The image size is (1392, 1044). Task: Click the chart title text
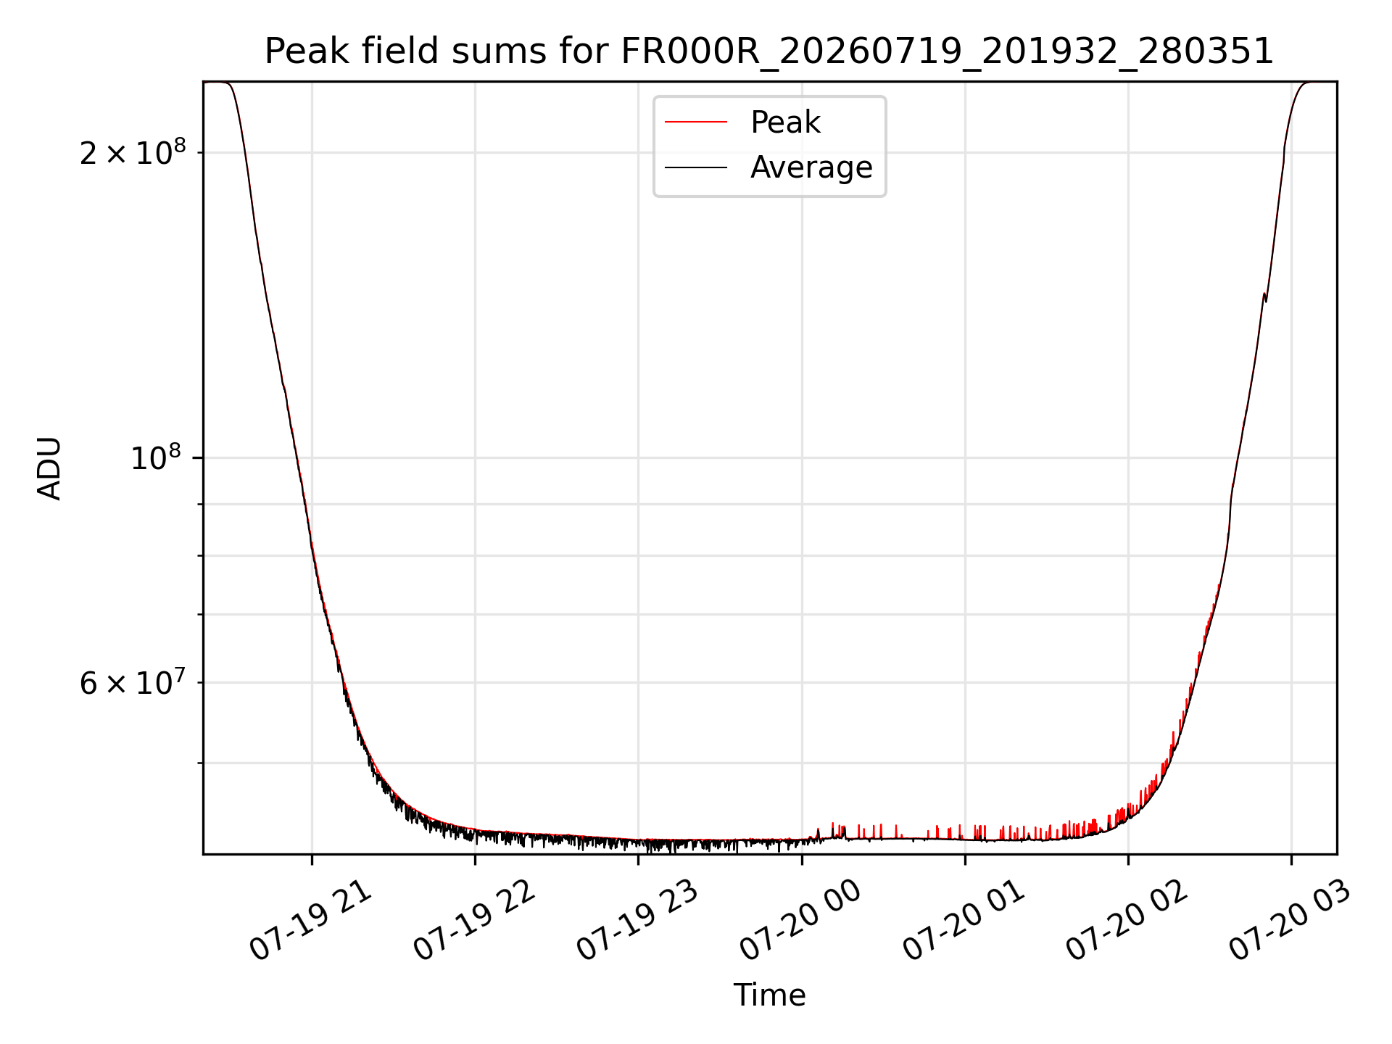coord(768,51)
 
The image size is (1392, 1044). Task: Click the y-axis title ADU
coord(49,468)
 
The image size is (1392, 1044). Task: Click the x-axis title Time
coord(769,995)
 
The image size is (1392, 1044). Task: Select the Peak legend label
coord(785,123)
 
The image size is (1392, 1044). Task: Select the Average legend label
coord(811,167)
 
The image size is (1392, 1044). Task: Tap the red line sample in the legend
coord(696,123)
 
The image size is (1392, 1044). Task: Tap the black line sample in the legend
coord(696,167)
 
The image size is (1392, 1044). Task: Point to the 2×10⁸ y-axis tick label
coord(133,152)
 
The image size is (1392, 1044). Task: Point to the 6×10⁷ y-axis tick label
coord(133,682)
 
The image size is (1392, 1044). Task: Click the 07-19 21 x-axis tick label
coord(310,921)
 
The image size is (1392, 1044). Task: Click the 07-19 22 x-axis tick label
coord(473,921)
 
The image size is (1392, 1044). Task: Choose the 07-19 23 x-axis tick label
coord(637,921)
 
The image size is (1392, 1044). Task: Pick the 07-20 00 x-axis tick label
coord(800,921)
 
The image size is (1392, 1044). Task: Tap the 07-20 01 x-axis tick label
coord(963,921)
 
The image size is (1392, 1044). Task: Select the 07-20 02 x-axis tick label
coord(1126,921)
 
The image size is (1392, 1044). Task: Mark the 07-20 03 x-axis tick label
coord(1289,921)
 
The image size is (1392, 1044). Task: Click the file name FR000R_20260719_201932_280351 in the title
coord(947,52)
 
